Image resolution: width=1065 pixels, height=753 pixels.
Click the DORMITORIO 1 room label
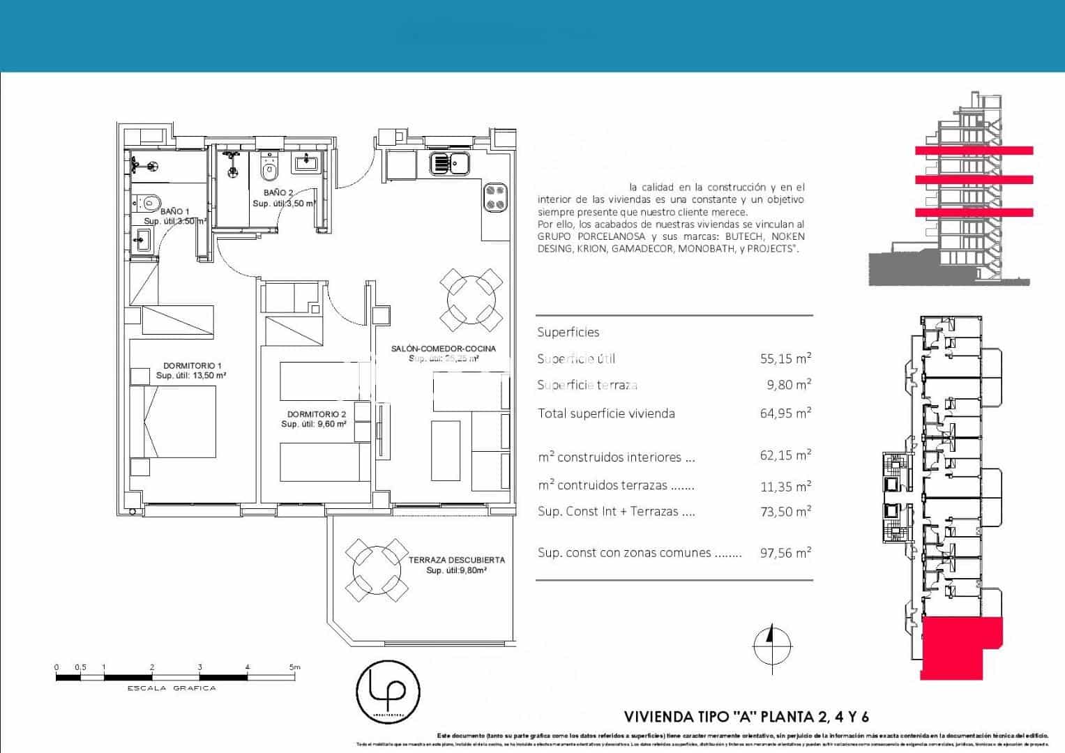(x=192, y=366)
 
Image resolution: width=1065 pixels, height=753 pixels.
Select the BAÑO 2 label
(x=278, y=192)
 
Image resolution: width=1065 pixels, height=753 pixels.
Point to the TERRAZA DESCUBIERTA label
(x=456, y=560)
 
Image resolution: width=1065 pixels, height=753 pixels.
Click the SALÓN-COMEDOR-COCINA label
(x=444, y=349)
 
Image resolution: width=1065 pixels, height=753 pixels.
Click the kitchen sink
(x=449, y=163)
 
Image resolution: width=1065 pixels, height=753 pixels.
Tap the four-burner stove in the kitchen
(x=496, y=197)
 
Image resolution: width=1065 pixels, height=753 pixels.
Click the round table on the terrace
(x=377, y=570)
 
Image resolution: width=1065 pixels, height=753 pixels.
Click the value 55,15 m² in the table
(x=785, y=358)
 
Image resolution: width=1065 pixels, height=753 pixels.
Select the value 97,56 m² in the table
(x=785, y=553)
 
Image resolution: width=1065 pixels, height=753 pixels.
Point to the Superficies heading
(x=568, y=333)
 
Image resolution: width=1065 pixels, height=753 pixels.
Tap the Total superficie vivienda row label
(x=606, y=413)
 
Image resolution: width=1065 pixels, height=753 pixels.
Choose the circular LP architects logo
(x=388, y=690)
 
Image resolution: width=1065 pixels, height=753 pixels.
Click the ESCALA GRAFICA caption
(x=172, y=688)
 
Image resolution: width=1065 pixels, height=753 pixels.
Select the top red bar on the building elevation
(x=974, y=150)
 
